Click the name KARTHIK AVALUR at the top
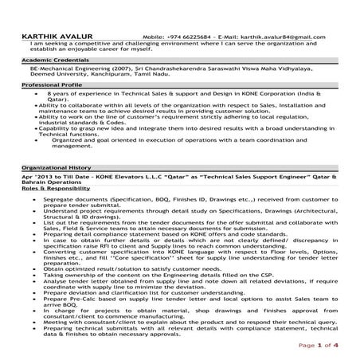pos(55,37)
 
